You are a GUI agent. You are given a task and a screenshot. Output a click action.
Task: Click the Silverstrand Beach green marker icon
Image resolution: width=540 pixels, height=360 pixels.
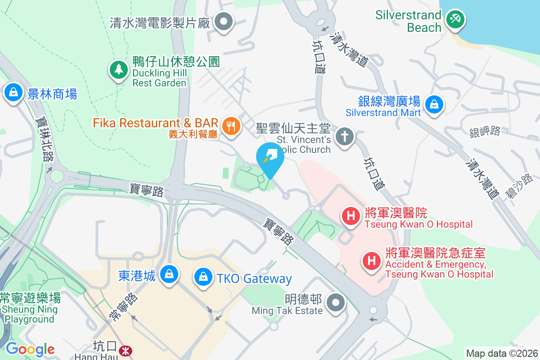455,19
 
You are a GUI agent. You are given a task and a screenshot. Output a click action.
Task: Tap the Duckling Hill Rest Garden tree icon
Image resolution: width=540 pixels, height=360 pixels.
118,70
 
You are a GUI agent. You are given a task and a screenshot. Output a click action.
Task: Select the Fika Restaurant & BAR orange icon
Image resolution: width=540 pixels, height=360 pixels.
231,126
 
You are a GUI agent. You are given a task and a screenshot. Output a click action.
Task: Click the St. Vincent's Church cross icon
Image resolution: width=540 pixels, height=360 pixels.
345,136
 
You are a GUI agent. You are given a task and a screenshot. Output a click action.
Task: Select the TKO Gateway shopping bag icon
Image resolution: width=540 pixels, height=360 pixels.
204,276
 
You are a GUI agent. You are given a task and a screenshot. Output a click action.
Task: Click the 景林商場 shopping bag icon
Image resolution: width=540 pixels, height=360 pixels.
14,92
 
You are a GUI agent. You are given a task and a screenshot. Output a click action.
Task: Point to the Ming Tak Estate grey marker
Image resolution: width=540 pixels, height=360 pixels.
335,302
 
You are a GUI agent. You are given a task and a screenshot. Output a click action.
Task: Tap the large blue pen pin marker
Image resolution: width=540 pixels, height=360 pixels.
270,158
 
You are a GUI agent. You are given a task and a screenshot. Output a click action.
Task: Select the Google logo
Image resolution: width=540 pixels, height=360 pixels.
30,349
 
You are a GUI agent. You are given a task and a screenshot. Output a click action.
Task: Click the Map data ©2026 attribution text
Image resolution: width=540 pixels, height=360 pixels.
501,353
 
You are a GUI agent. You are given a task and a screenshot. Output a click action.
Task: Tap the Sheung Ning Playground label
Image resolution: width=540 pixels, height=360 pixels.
30,314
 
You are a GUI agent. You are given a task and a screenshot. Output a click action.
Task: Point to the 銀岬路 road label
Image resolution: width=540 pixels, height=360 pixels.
485,131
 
